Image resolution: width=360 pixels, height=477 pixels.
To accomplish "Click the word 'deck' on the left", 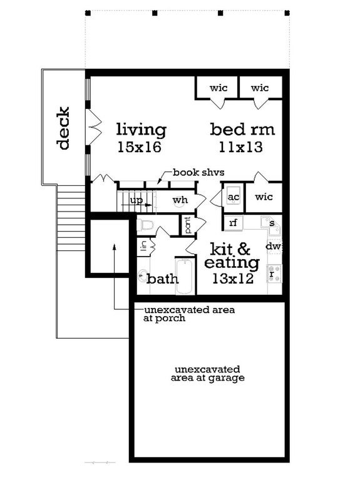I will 63,129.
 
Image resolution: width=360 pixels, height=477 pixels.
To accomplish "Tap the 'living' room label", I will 141,130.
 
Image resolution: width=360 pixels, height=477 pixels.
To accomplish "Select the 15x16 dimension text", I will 139,148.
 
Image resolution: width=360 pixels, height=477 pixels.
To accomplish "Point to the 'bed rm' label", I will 242,130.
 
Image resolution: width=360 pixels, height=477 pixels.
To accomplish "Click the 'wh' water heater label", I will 180,200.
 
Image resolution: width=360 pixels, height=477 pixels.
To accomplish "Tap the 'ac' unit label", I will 234,197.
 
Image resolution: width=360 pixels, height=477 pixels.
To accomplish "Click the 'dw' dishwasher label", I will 273,247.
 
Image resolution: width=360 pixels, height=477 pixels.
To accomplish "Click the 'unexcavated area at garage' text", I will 209,373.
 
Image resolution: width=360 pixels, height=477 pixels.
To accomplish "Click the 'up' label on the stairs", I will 135,200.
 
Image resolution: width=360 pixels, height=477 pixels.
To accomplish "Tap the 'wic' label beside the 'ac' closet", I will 264,197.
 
